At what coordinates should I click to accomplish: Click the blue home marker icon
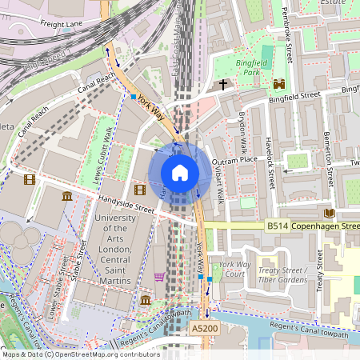coord(180,173)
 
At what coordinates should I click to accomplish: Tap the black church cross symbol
coord(222,83)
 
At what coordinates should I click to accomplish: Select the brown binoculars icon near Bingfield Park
coord(279,84)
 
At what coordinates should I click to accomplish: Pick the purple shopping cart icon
coord(159,277)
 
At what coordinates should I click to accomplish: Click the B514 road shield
coord(278,226)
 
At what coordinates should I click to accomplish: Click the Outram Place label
coord(234,160)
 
